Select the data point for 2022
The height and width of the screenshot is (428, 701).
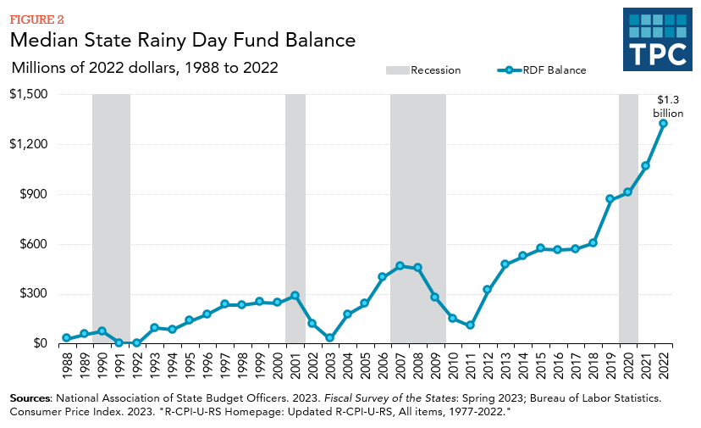coord(663,123)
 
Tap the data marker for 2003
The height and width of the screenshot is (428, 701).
coord(329,337)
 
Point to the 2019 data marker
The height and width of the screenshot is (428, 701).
coord(610,199)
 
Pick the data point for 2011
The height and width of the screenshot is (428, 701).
coord(470,325)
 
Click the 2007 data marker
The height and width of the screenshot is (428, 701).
coord(400,266)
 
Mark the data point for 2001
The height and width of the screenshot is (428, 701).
coord(295,296)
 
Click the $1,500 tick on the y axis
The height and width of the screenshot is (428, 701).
coord(30,94)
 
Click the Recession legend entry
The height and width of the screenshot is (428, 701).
coord(423,70)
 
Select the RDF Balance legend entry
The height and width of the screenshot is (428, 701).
coord(542,70)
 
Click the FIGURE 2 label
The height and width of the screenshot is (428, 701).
coord(36,19)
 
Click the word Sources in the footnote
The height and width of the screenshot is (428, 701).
coord(30,397)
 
